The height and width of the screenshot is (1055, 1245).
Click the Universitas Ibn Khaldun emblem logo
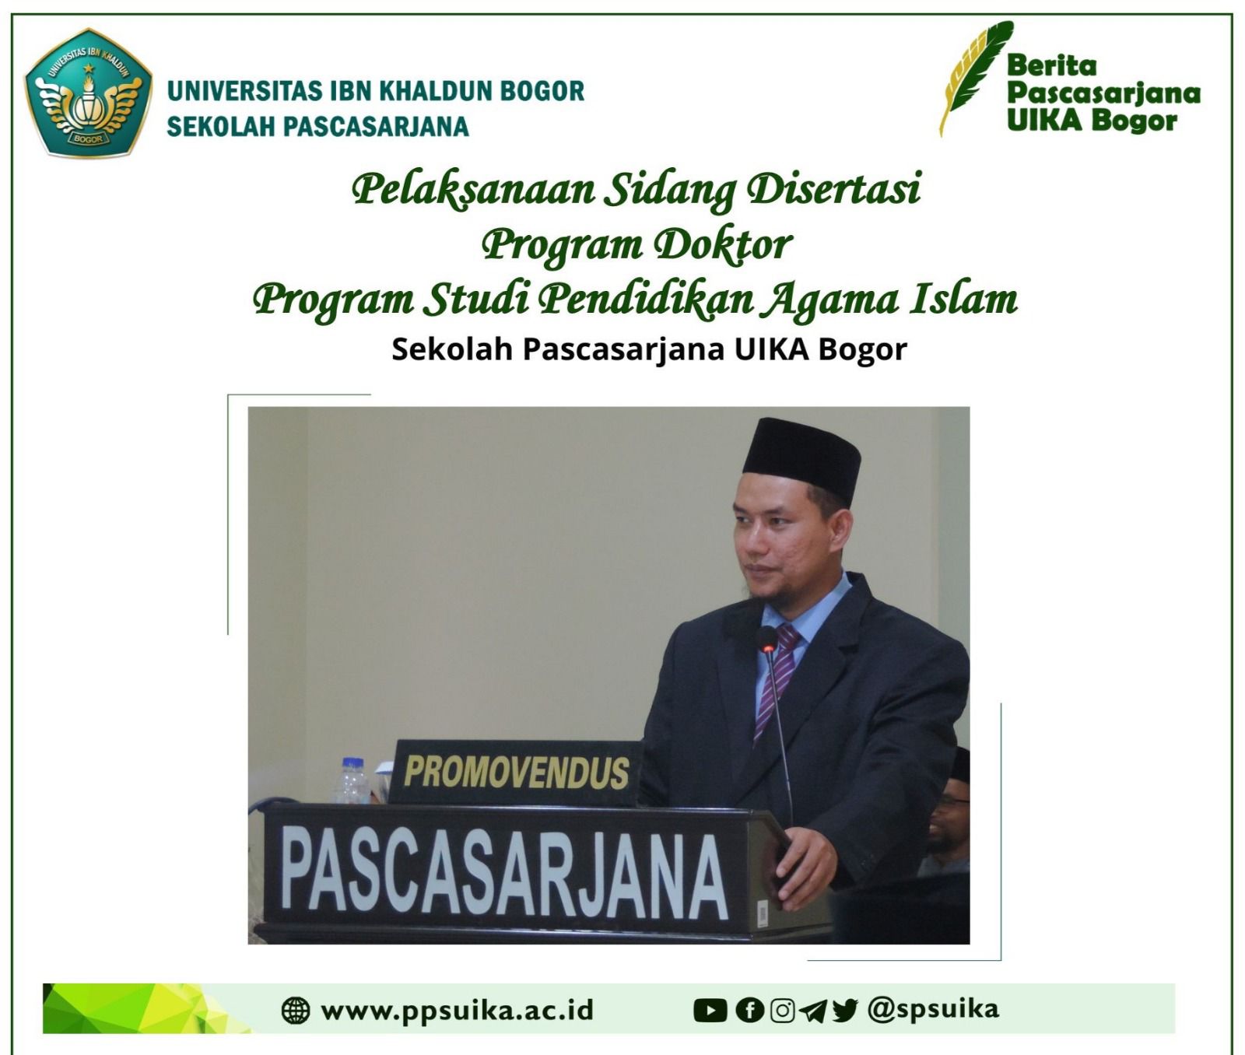88,93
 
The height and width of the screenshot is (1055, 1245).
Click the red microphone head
767,639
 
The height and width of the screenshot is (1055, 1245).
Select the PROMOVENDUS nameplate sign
515,772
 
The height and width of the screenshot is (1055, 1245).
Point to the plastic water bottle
352,780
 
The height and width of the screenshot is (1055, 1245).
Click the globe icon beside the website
295,1011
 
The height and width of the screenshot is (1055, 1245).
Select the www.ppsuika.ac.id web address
458,1010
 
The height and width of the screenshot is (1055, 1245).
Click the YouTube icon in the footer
710,1011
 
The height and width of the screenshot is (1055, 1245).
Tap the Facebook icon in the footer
750,1011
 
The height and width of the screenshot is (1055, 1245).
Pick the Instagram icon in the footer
782,1011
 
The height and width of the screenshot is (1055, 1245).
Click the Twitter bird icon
845,1011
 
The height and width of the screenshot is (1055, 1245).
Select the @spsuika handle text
933,1009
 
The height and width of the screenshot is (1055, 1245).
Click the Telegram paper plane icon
813,1011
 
